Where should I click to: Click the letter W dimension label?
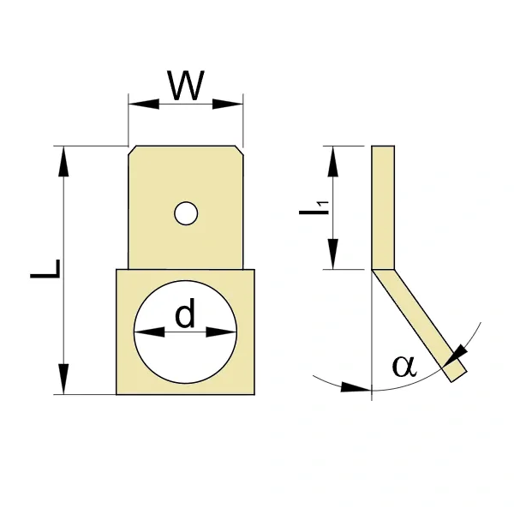tap(186, 85)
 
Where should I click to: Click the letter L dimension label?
tap(45, 269)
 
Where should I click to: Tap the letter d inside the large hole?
tap(185, 313)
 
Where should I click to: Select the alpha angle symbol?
tap(404, 365)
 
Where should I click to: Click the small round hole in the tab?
tap(186, 213)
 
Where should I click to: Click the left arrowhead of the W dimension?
tap(144, 104)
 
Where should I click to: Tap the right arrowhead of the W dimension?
tap(228, 104)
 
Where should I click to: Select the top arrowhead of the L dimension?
tap(63, 161)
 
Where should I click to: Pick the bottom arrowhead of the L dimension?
tap(63, 379)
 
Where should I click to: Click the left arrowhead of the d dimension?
tap(149, 332)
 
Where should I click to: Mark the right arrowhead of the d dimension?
tap(221, 332)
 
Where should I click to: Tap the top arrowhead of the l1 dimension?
tap(333, 161)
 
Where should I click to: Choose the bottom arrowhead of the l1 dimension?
tap(333, 254)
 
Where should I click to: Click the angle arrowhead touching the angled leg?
tap(455, 356)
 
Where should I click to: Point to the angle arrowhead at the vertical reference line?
tap(356, 387)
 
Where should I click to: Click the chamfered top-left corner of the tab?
tap(132, 150)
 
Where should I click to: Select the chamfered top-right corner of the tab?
tap(239, 150)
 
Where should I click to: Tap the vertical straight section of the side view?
tap(383, 207)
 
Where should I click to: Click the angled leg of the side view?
tap(419, 326)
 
